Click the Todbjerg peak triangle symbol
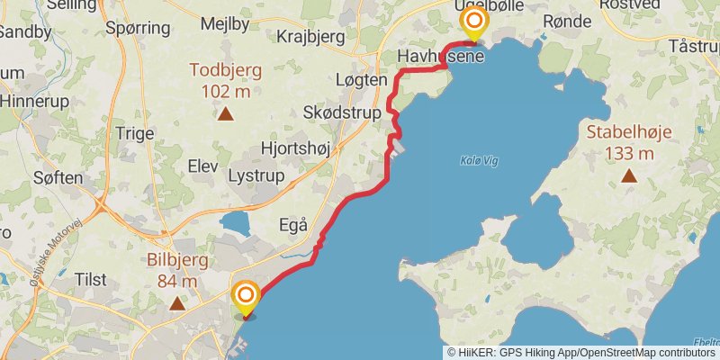point(225,114)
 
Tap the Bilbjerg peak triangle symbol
point(177,304)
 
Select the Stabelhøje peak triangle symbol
point(629,176)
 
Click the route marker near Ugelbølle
point(472,22)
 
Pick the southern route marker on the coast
point(245,296)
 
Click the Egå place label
point(293,224)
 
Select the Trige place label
point(136,132)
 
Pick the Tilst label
point(91,279)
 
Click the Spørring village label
point(138,28)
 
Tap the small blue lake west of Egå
point(235,224)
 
